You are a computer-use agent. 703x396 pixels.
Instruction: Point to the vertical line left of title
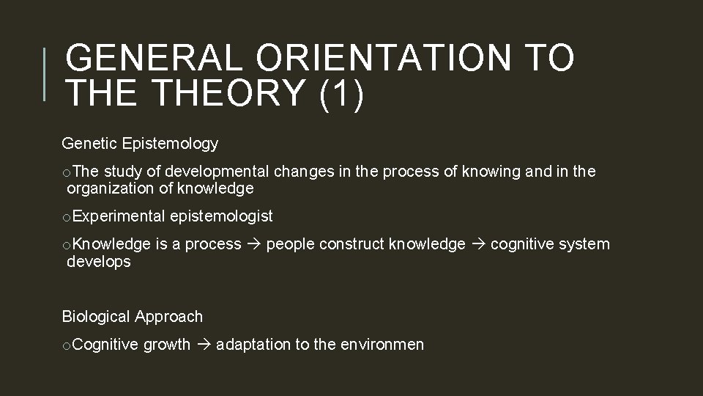coord(45,74)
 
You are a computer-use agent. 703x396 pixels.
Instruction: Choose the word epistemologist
coord(221,216)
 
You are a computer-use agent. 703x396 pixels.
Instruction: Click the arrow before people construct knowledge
coord(253,244)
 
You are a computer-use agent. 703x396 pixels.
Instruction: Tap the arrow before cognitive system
coord(477,244)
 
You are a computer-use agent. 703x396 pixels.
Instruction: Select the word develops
coord(98,261)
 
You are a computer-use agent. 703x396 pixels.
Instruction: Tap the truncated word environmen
coord(382,345)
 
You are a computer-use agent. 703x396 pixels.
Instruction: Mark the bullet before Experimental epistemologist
coord(67,216)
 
